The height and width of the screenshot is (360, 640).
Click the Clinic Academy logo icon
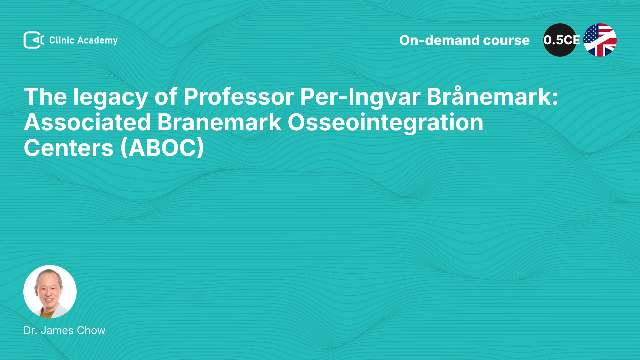[x=34, y=40]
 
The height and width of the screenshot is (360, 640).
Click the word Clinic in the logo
[x=62, y=40]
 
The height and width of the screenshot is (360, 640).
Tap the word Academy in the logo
[x=97, y=41]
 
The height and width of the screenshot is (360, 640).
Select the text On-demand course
[x=464, y=40]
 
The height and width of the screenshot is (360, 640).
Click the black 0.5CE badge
[x=560, y=40]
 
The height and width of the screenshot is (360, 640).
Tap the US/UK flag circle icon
[x=600, y=40]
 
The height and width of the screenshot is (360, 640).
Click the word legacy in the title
[x=110, y=97]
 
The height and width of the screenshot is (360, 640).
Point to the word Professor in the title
[x=239, y=97]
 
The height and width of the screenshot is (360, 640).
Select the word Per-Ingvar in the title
[x=360, y=97]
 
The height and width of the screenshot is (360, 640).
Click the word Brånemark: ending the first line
[x=492, y=96]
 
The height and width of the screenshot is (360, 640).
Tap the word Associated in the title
[x=87, y=122]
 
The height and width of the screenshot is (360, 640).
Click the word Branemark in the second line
[x=219, y=122]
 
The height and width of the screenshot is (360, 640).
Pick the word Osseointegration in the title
[x=385, y=123]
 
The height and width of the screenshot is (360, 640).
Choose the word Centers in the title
[x=69, y=148]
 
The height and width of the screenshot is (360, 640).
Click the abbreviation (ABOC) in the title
[x=162, y=148]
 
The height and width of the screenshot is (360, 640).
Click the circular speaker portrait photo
[x=50, y=292]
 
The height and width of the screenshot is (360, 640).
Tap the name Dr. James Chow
[x=64, y=330]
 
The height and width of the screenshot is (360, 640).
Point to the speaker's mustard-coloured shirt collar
[x=46, y=314]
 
